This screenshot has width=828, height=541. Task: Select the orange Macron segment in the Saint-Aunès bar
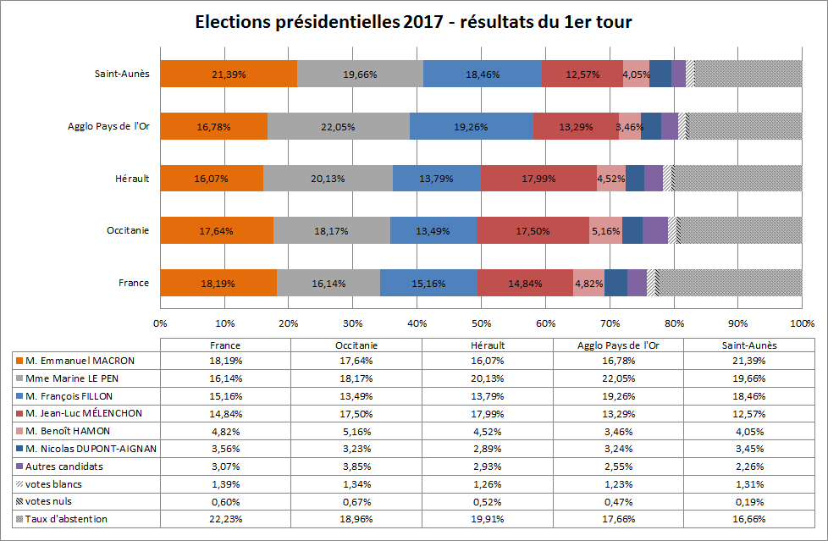click(x=229, y=74)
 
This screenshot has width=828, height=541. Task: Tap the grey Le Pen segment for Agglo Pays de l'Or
click(x=338, y=126)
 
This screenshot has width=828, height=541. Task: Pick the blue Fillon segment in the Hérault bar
click(x=436, y=179)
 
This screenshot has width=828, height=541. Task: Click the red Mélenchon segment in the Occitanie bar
click(x=533, y=230)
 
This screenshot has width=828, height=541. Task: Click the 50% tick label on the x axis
click(x=481, y=323)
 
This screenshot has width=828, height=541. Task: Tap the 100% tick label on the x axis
click(x=802, y=323)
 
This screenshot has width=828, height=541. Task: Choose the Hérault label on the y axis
click(x=132, y=179)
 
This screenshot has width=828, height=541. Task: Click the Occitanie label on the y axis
click(x=128, y=230)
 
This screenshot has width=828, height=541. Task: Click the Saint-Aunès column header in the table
click(x=749, y=345)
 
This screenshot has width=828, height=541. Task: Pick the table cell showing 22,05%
click(x=618, y=378)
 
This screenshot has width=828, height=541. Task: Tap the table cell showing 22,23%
click(x=224, y=518)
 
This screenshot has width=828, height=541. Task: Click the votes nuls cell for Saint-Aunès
click(x=749, y=501)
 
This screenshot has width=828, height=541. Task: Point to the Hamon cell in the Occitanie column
click(x=356, y=431)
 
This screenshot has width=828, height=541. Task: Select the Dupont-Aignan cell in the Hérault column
click(x=487, y=449)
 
